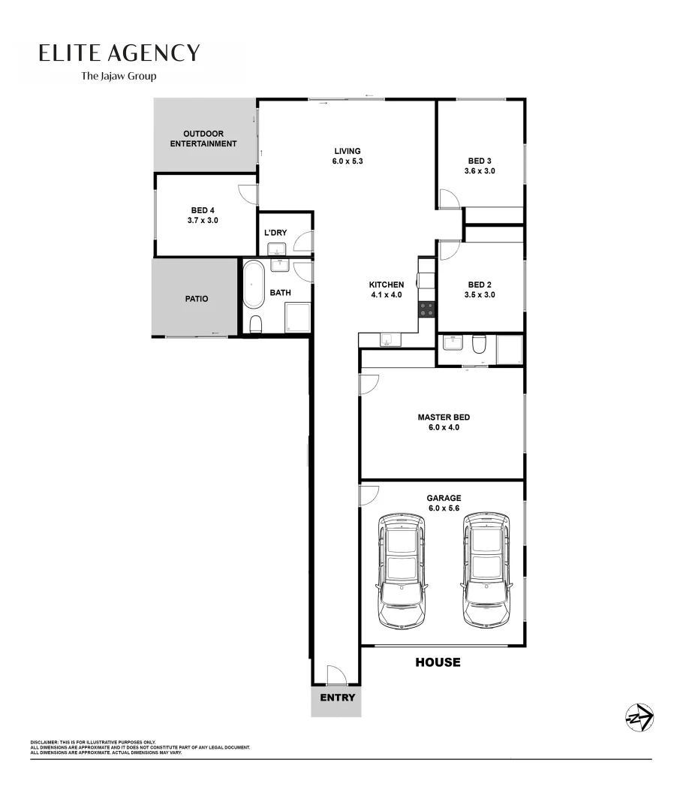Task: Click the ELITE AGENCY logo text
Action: pyautogui.click(x=119, y=53)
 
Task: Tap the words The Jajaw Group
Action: pyautogui.click(x=119, y=76)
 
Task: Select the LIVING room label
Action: pyautogui.click(x=348, y=151)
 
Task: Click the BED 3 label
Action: pyautogui.click(x=480, y=161)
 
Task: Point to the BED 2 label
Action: pyautogui.click(x=480, y=285)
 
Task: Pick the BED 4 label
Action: pyautogui.click(x=203, y=210)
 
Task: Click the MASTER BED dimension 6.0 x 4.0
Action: pyautogui.click(x=444, y=427)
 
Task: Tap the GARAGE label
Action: pyautogui.click(x=444, y=498)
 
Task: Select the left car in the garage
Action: pyautogui.click(x=402, y=571)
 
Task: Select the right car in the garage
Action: pyautogui.click(x=486, y=571)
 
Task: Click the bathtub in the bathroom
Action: pyautogui.click(x=253, y=285)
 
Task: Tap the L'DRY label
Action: pyautogui.click(x=275, y=233)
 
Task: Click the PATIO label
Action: pyautogui.click(x=197, y=299)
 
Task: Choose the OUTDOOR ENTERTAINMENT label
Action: pyautogui.click(x=203, y=139)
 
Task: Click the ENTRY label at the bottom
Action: pyautogui.click(x=337, y=698)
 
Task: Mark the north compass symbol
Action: pyautogui.click(x=639, y=718)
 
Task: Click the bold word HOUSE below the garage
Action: pyautogui.click(x=438, y=662)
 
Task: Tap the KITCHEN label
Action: pyautogui.click(x=387, y=285)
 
